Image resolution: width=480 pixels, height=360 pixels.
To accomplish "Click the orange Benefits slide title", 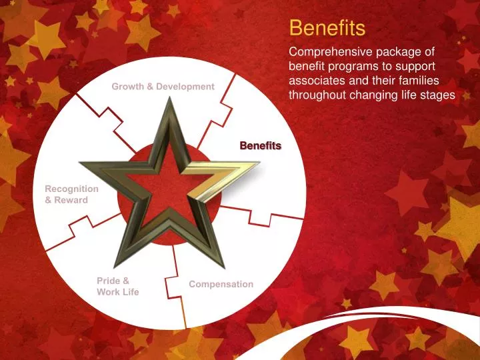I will tap(327, 28).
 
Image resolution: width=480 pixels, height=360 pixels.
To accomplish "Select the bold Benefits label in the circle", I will tap(261, 145).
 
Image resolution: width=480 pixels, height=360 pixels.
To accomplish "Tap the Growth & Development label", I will tap(163, 87).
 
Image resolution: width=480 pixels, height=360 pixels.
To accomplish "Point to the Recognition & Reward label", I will tap(71, 194).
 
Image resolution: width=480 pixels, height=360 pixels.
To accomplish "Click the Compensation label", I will tap(221, 284).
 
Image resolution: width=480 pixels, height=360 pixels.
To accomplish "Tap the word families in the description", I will tap(427, 81).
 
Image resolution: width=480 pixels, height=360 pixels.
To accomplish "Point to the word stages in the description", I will tap(438, 95).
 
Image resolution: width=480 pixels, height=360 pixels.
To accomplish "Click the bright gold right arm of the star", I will tap(227, 176).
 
